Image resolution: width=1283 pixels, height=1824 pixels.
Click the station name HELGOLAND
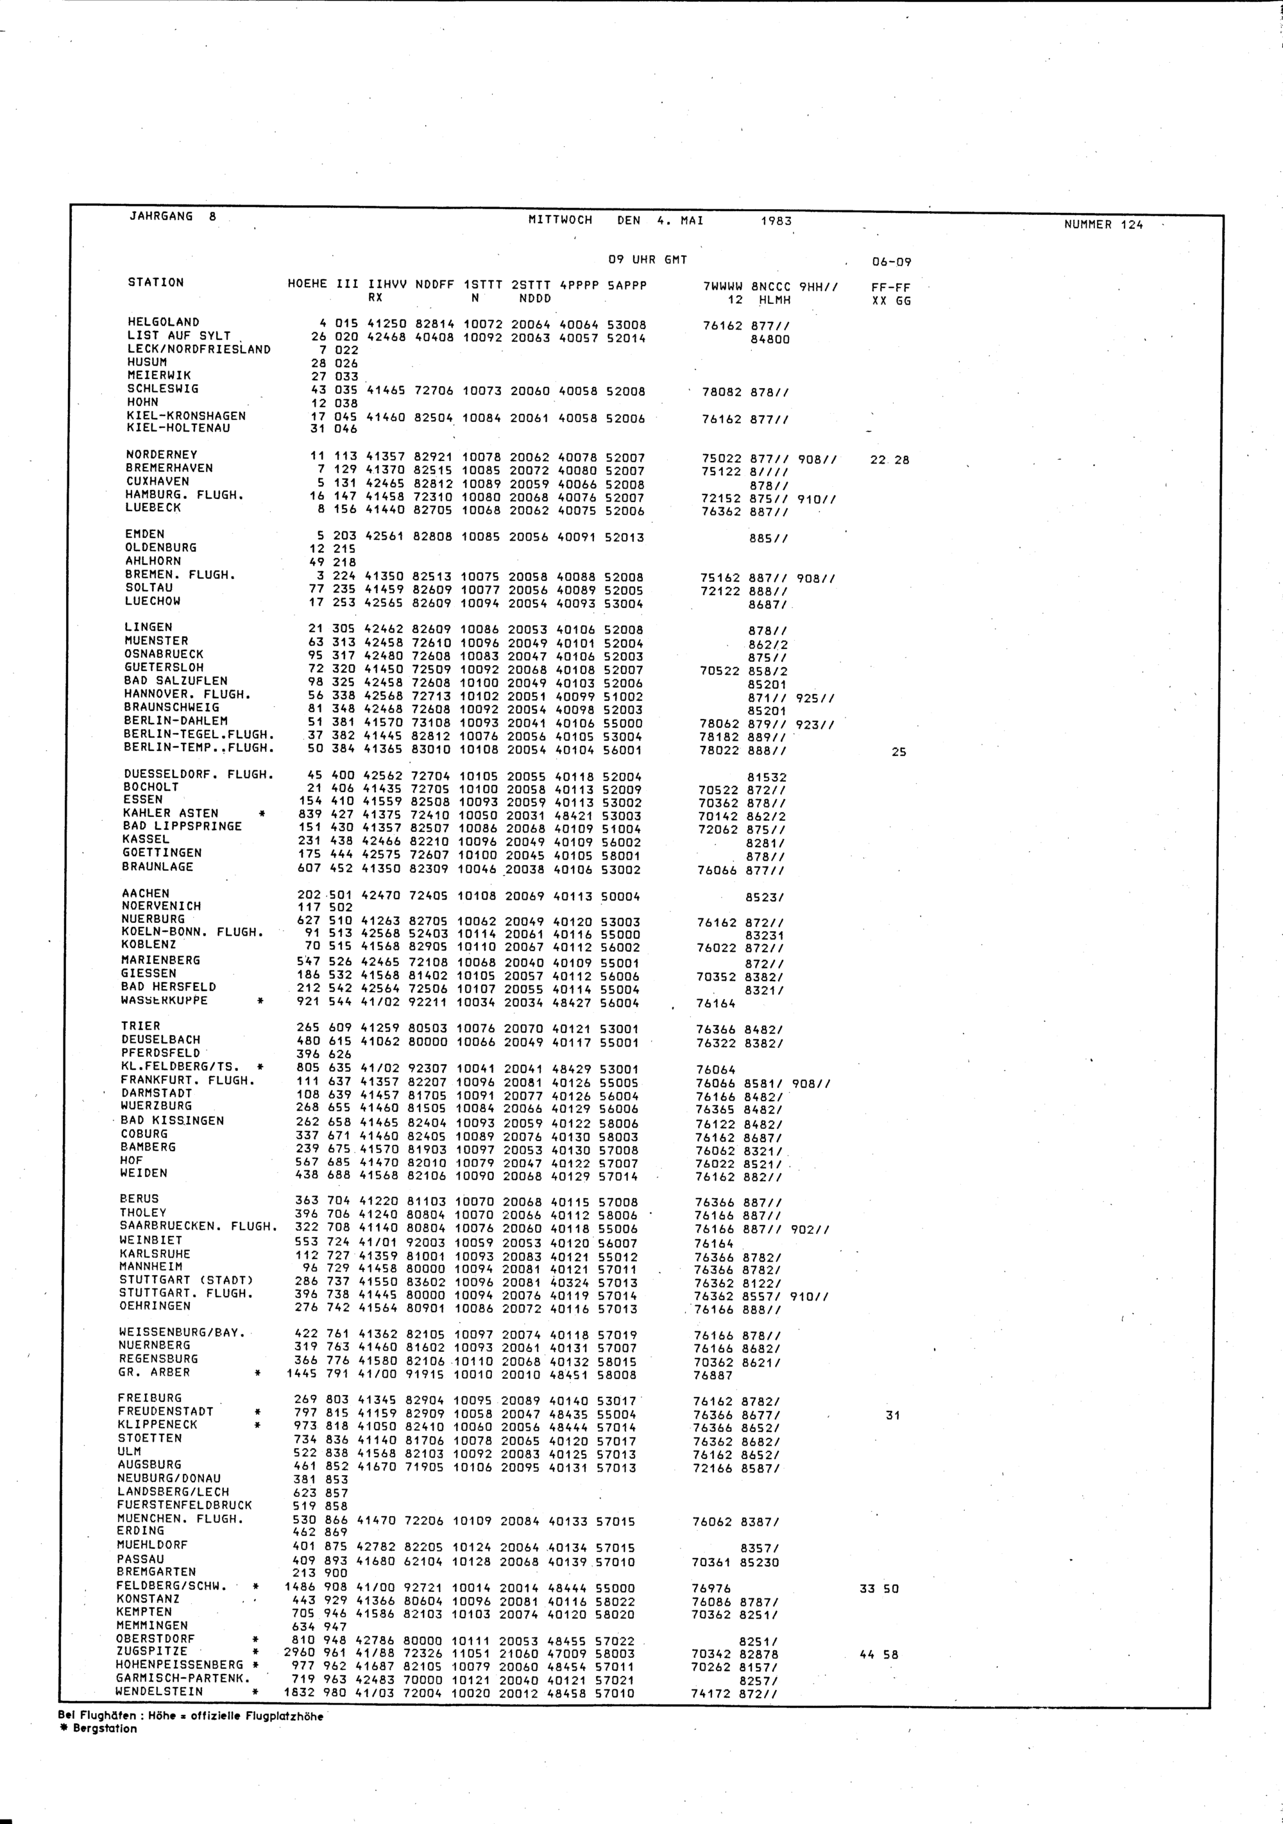[164, 322]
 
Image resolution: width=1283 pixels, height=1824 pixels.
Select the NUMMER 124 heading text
[1103, 225]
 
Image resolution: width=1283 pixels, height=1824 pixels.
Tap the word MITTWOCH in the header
[560, 220]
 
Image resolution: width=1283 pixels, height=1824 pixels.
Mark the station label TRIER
[140, 1026]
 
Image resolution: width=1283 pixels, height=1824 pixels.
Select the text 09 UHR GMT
[647, 260]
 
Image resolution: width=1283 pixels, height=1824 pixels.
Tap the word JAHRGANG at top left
[160, 216]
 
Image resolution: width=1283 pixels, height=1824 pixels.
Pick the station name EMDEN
[144, 534]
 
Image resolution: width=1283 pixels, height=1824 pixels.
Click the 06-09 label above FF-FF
[891, 262]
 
